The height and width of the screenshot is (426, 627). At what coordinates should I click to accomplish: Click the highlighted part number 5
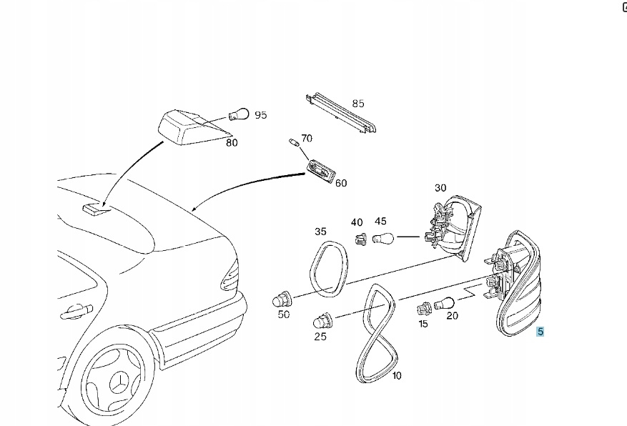[x=540, y=332]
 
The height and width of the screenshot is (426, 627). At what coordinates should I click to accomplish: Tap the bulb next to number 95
[x=239, y=114]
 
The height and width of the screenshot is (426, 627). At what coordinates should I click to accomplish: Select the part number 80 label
[x=232, y=142]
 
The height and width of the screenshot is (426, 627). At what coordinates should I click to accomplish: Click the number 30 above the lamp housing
[x=440, y=188]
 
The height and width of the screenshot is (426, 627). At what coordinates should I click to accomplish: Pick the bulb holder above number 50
[x=281, y=298]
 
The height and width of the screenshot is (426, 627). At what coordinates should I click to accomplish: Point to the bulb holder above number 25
[x=320, y=321]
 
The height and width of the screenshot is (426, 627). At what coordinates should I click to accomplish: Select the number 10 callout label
[x=397, y=375]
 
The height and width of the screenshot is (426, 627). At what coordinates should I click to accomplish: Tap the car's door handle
[x=76, y=310]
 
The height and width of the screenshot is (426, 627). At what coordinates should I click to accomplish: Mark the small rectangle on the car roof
[x=93, y=208]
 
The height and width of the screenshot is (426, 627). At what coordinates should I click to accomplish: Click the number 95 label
[x=260, y=114]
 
